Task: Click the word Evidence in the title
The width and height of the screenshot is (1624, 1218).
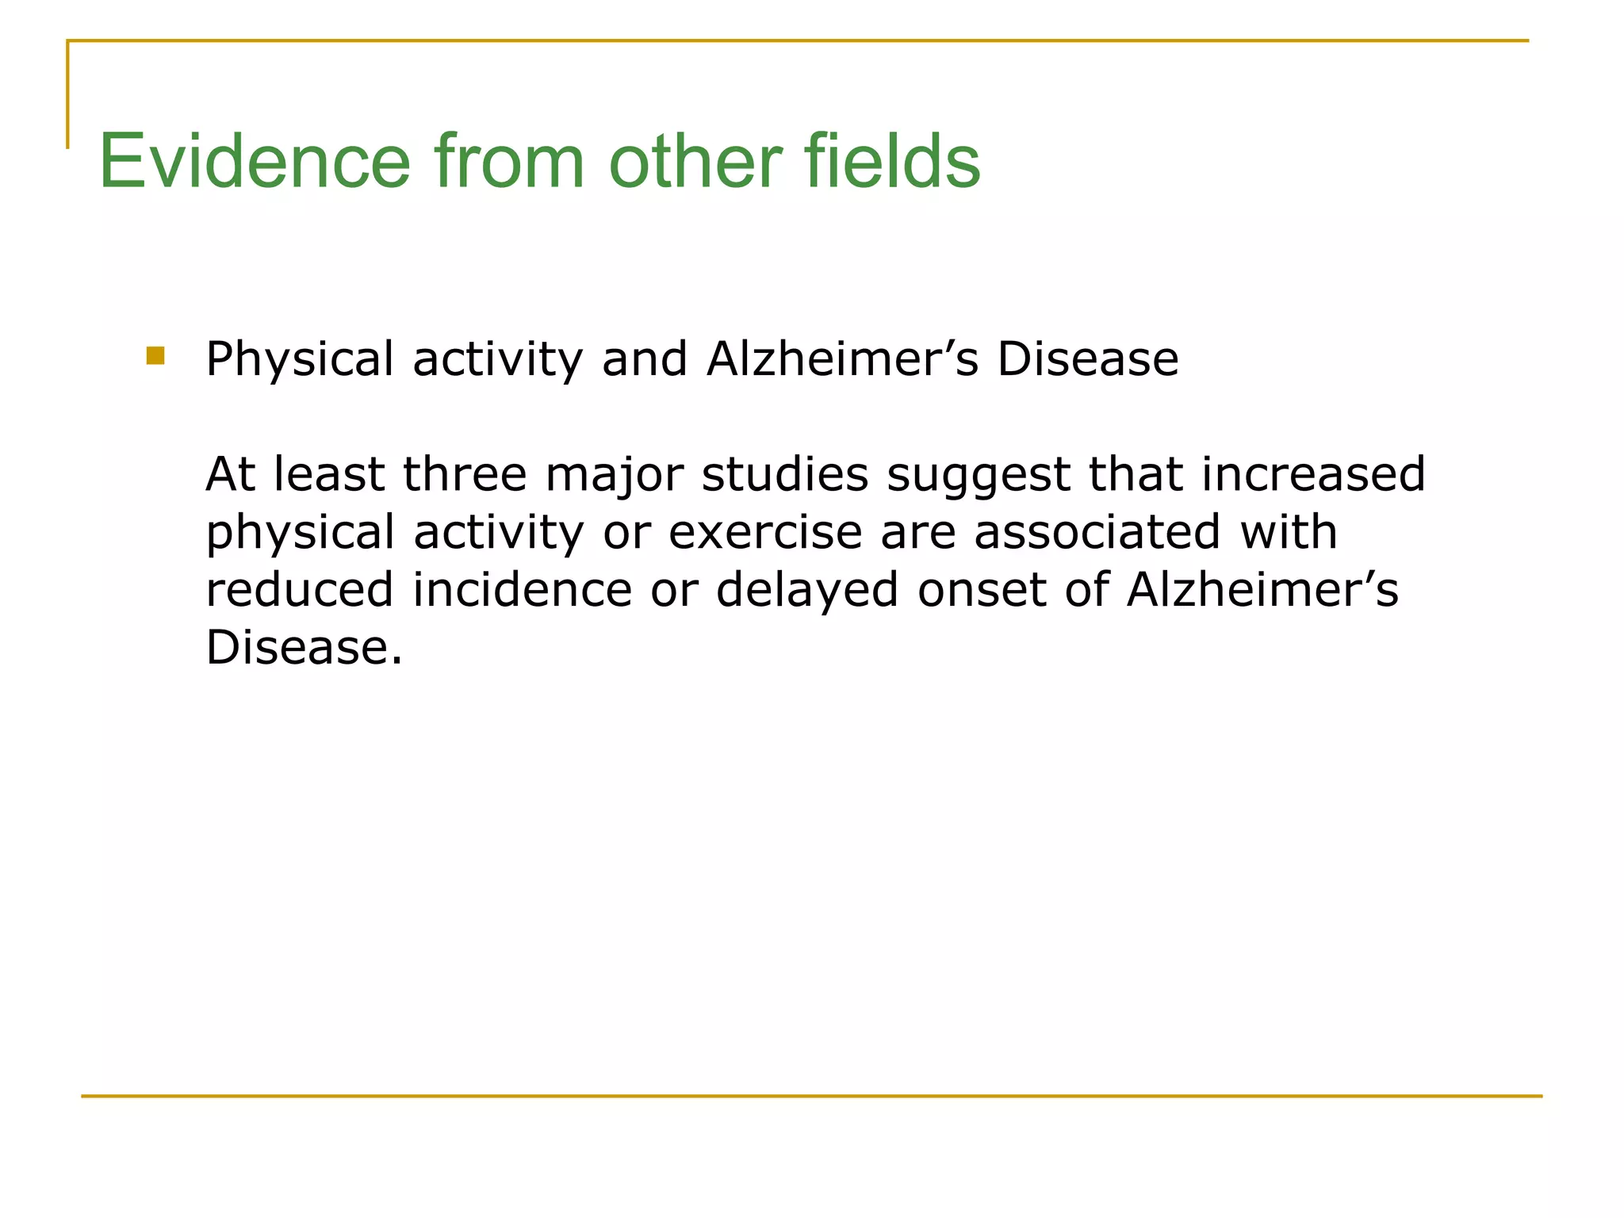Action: (x=254, y=162)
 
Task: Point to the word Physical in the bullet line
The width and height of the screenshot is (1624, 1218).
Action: (x=300, y=359)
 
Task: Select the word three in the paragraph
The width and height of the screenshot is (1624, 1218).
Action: (x=465, y=474)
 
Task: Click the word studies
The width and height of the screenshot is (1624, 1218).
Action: (x=785, y=474)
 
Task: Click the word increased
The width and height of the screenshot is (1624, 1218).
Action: (x=1312, y=474)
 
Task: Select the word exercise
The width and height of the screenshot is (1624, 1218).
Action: (x=765, y=532)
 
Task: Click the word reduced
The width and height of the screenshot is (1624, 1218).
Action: (x=300, y=590)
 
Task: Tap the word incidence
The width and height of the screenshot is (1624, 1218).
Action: (x=522, y=590)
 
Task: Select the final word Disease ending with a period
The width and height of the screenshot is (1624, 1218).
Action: (x=304, y=648)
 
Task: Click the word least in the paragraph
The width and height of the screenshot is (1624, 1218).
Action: (x=329, y=474)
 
